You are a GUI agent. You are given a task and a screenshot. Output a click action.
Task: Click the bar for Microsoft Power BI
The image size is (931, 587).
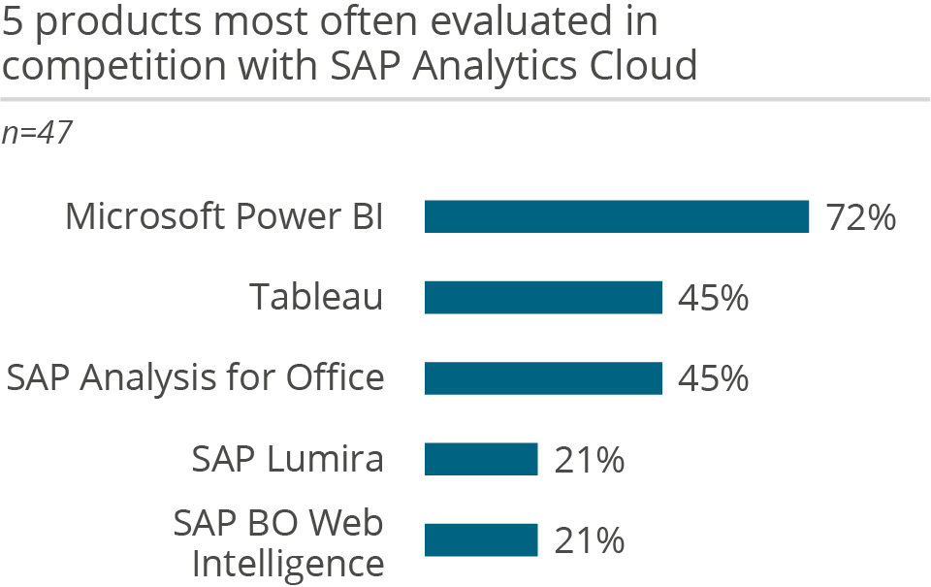(617, 216)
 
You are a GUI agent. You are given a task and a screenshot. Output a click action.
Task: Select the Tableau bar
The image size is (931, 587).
(543, 297)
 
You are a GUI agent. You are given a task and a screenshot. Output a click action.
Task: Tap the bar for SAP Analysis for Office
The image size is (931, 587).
(543, 378)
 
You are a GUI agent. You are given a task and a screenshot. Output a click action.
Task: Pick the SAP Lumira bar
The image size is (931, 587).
(481, 459)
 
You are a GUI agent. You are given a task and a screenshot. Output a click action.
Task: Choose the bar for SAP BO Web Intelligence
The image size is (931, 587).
(481, 540)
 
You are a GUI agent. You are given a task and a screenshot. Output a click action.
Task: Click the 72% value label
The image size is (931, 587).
(860, 217)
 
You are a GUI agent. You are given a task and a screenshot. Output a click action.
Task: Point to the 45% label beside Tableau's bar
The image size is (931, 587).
(713, 298)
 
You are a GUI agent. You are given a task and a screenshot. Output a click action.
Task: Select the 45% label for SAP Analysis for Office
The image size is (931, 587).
(713, 378)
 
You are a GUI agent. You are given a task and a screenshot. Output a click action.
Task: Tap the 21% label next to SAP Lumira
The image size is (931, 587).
(589, 460)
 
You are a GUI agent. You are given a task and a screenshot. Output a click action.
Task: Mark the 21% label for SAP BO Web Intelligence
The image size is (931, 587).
(589, 540)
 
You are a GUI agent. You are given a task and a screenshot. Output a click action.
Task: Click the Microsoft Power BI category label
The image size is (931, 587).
(224, 216)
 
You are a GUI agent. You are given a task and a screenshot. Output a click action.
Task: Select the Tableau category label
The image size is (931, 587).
(316, 297)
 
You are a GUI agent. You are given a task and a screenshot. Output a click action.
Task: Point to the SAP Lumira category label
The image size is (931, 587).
(287, 459)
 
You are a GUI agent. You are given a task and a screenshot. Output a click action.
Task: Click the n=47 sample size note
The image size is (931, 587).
(37, 133)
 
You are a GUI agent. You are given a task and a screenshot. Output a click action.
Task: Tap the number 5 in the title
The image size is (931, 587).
(15, 21)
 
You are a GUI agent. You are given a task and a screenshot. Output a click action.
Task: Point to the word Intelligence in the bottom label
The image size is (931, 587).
(287, 562)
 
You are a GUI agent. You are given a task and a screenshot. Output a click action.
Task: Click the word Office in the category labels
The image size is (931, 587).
(335, 377)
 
